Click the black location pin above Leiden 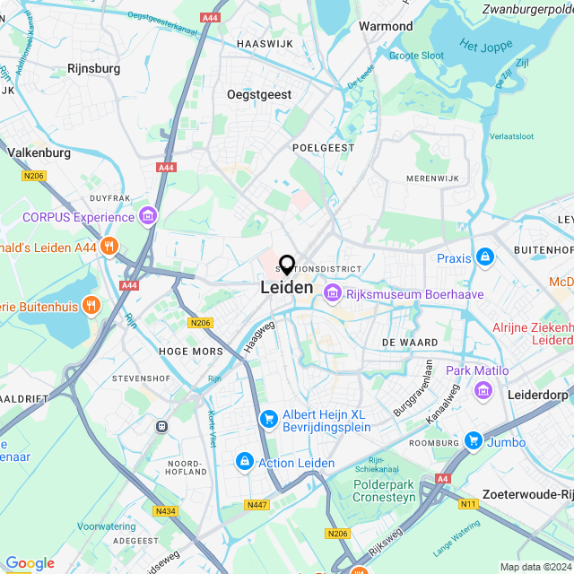(x=287, y=265)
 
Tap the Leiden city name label (x=287, y=288)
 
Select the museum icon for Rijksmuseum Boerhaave (x=333, y=293)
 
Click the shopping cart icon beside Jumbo (x=473, y=440)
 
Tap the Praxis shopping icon (x=485, y=257)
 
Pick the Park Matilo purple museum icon (x=483, y=390)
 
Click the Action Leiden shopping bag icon (x=243, y=461)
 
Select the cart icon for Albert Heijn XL (x=267, y=419)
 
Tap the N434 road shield (x=165, y=511)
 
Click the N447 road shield (x=256, y=506)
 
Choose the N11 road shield (x=468, y=504)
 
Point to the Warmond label (x=386, y=26)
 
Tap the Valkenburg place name (x=39, y=152)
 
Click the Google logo (x=30, y=563)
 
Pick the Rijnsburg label (x=95, y=67)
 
